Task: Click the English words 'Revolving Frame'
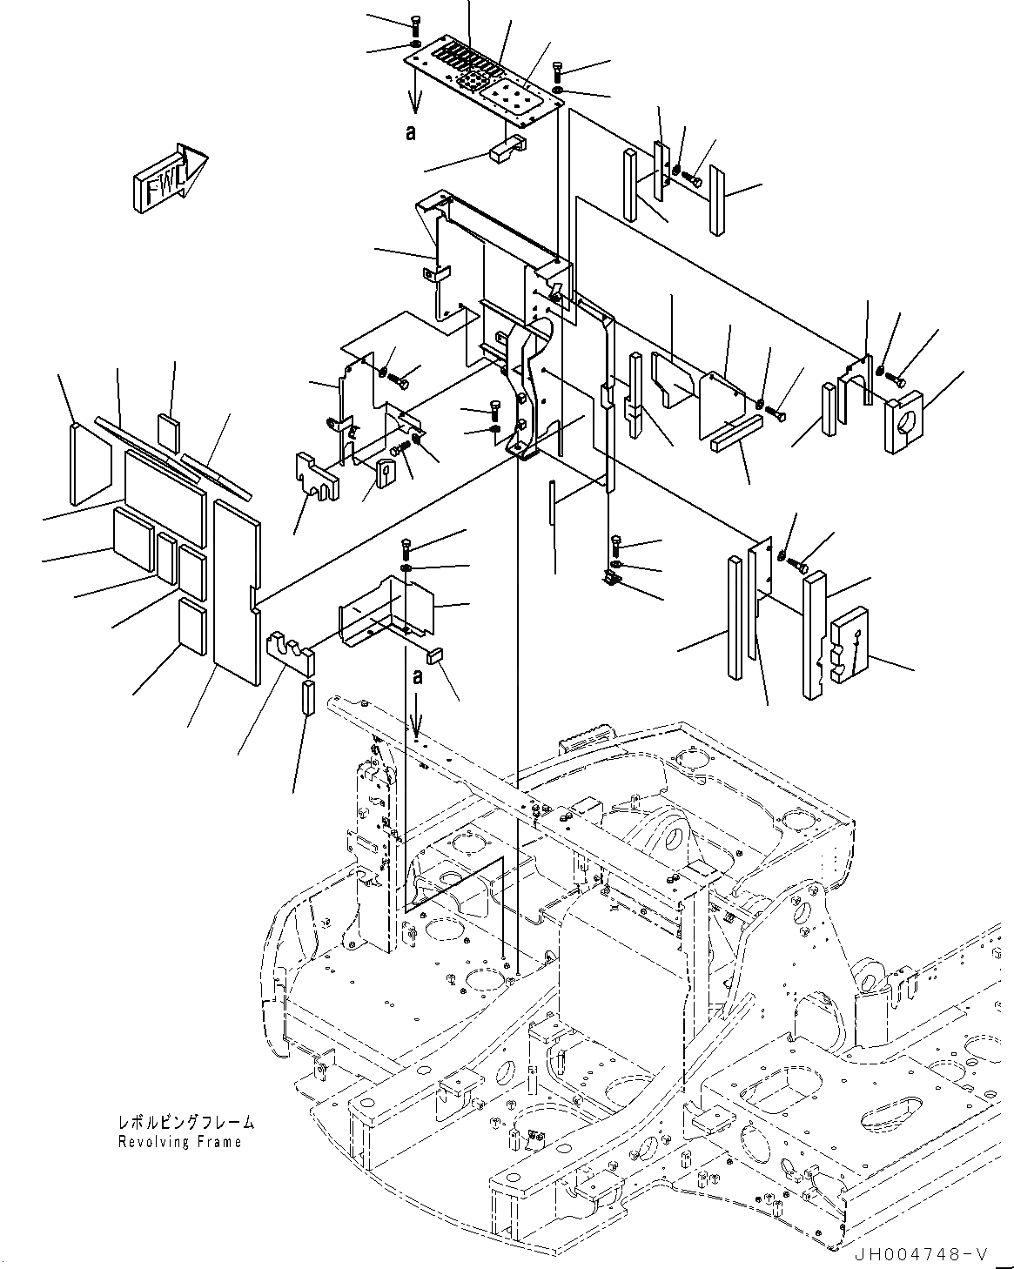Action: pos(180,1141)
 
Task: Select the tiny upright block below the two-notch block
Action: pos(307,697)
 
